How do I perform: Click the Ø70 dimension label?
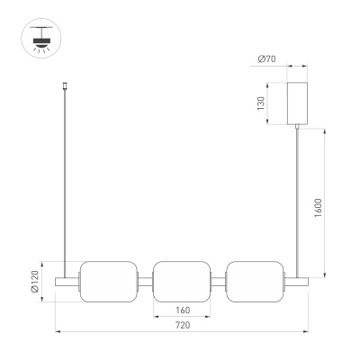(266, 59)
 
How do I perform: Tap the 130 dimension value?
(261, 103)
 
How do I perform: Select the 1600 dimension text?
(319, 208)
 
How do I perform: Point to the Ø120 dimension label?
(35, 281)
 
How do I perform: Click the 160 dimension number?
(183, 310)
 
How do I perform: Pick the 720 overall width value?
(183, 325)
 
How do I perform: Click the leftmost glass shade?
(109, 282)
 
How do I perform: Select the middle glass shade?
(182, 282)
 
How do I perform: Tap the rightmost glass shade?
(255, 282)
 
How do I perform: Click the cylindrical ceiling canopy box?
(297, 103)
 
